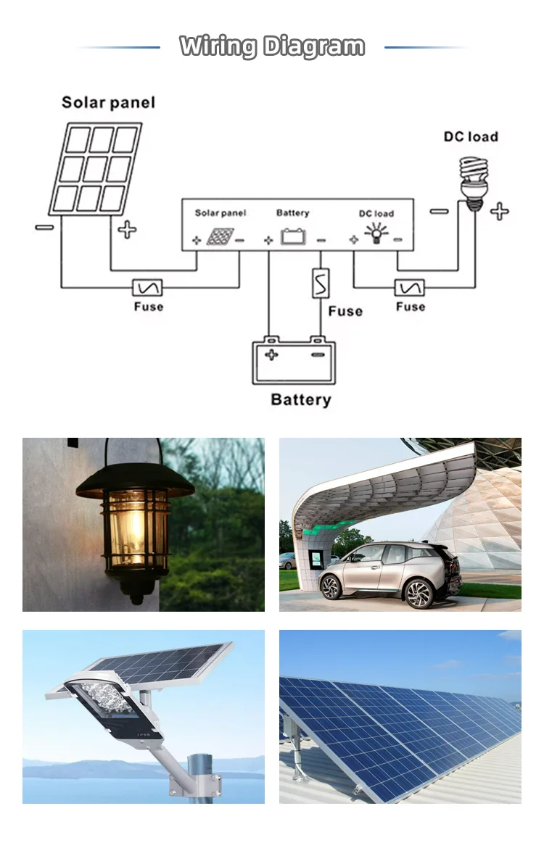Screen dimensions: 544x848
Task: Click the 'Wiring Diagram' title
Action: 272,46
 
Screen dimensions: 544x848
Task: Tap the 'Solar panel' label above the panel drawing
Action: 108,102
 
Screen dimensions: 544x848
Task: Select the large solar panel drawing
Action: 96,169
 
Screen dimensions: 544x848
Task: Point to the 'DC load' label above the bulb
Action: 471,136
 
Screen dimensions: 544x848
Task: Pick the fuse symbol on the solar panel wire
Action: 147,288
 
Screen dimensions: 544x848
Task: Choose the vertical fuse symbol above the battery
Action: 320,283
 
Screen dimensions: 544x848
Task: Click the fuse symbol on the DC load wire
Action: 410,288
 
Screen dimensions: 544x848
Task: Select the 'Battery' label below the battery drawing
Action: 300,399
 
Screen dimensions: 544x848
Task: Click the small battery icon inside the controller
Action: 294,236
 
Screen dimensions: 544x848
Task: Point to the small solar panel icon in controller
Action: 219,236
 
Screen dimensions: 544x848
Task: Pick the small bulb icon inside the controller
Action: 376,234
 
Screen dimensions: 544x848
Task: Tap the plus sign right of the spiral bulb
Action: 499,212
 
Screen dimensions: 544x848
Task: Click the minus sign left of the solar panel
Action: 44,228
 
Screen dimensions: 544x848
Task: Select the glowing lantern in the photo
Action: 135,525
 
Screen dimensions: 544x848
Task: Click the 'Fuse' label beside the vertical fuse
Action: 345,311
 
